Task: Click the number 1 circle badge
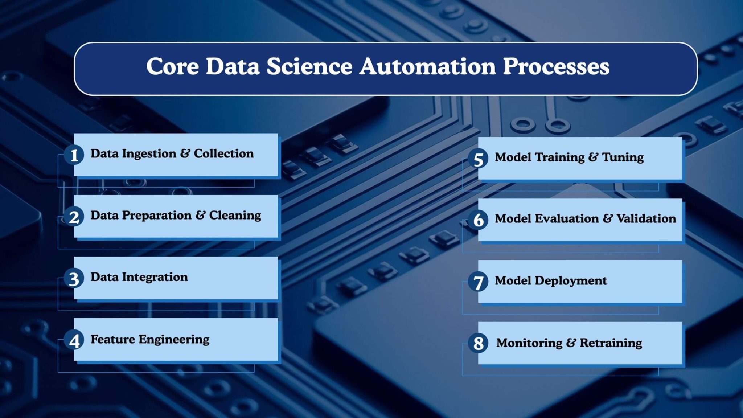click(74, 155)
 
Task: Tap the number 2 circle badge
click(74, 217)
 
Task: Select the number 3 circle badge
click(74, 278)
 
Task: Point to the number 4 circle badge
click(74, 340)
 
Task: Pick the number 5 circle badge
click(478, 159)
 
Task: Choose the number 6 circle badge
click(478, 220)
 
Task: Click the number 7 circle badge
click(478, 282)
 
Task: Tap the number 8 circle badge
click(478, 343)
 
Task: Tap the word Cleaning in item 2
click(235, 216)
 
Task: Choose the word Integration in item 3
click(155, 277)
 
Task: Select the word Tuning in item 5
click(623, 157)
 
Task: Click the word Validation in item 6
click(646, 218)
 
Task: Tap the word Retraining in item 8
click(611, 343)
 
